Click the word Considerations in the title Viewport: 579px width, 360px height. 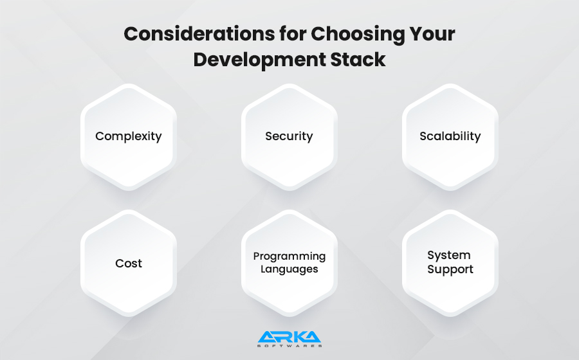(x=199, y=34)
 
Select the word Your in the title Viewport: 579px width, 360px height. (x=432, y=34)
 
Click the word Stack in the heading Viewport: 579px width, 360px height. (x=358, y=59)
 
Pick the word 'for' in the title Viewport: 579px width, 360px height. (x=293, y=34)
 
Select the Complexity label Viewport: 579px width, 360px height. (x=129, y=136)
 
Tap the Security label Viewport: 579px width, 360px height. (x=289, y=136)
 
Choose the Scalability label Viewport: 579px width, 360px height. (x=450, y=136)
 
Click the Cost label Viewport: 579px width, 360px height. (x=129, y=264)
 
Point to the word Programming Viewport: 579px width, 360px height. (x=289, y=256)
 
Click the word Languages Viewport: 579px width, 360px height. (x=289, y=269)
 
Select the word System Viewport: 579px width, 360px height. (x=449, y=255)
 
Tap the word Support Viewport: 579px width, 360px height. (x=450, y=269)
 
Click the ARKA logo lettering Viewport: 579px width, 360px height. (x=289, y=337)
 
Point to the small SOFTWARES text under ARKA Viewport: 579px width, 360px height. (x=289, y=346)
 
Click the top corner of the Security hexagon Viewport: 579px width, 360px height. (x=289, y=84)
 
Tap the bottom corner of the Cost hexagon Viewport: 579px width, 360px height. (x=129, y=316)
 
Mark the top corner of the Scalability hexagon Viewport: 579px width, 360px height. (x=450, y=84)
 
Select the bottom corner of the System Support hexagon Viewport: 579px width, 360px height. (x=450, y=316)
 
